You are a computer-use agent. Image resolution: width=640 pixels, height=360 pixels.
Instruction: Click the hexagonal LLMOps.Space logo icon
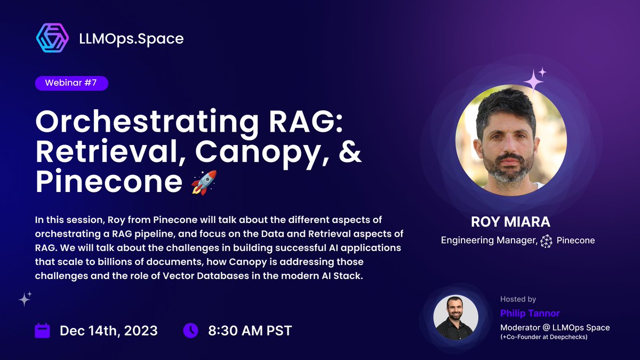click(x=52, y=38)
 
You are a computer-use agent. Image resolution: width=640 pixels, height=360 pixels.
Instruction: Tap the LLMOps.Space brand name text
click(x=130, y=38)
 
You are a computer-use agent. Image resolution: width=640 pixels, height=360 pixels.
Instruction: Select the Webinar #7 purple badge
click(x=71, y=83)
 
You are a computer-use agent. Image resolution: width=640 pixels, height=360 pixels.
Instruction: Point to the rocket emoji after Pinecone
click(x=203, y=182)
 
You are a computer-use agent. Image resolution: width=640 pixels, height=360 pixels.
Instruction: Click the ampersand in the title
click(x=349, y=153)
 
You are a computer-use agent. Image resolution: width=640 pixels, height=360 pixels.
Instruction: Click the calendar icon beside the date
click(x=42, y=330)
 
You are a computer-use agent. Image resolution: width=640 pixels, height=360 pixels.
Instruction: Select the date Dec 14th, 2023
click(x=109, y=331)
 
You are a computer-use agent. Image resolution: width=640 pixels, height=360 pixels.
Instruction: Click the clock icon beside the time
click(x=190, y=330)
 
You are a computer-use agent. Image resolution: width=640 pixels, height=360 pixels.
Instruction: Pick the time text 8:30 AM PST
click(x=250, y=331)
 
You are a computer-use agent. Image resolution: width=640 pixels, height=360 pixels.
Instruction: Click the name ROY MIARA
click(x=511, y=222)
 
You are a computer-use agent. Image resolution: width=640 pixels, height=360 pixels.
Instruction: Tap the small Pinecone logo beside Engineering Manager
click(x=546, y=241)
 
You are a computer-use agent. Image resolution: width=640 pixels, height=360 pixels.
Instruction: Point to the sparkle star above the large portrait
click(x=533, y=81)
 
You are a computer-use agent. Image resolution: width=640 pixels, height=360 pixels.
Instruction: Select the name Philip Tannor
click(x=530, y=313)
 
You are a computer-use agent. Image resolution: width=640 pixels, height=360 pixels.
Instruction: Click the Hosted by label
click(x=518, y=299)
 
